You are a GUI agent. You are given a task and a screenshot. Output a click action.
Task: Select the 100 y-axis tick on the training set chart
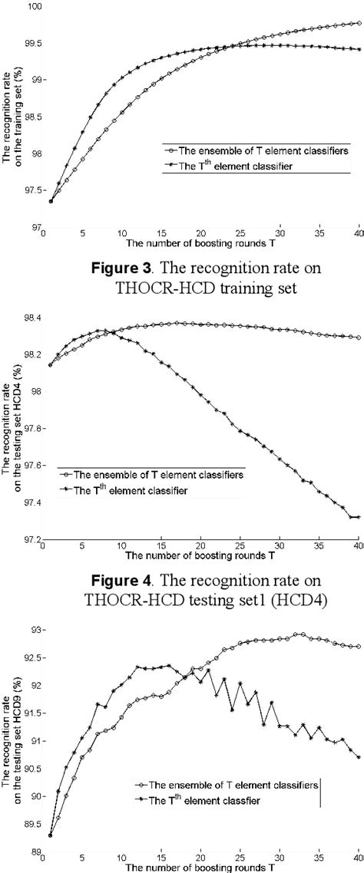(35, 6)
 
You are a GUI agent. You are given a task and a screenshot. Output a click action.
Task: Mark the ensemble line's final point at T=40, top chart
(359, 23)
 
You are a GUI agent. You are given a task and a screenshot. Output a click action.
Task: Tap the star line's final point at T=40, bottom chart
(359, 757)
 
